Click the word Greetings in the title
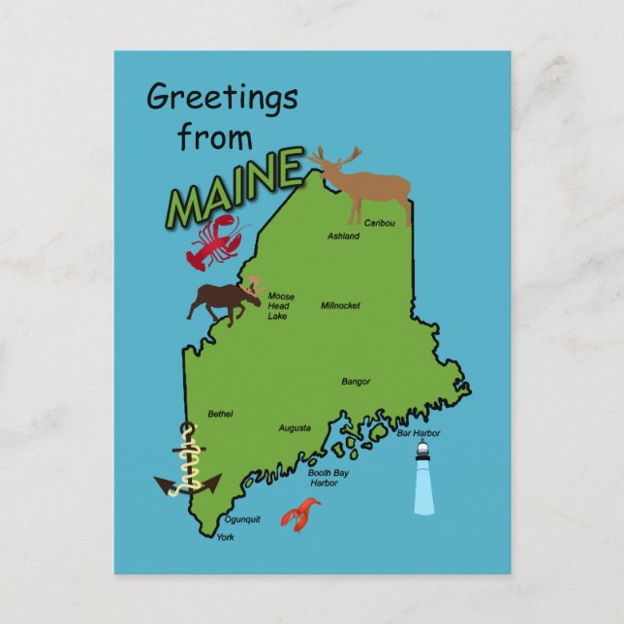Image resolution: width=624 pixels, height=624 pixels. click(x=222, y=99)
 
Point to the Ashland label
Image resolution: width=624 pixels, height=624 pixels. click(x=343, y=236)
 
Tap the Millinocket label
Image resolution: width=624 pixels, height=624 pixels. click(x=340, y=305)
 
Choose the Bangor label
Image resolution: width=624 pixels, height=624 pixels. click(x=356, y=382)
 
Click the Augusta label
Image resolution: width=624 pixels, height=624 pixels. click(x=295, y=427)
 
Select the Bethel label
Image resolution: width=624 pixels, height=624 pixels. click(x=220, y=414)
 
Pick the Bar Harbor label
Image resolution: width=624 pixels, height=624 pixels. click(x=419, y=433)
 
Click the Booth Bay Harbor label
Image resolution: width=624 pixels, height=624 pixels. click(x=328, y=478)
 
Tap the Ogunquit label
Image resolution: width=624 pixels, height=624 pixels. click(x=242, y=519)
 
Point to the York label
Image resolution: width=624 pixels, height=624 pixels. click(x=225, y=537)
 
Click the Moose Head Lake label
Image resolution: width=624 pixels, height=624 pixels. click(x=280, y=306)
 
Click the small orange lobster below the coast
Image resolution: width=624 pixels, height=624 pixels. click(x=301, y=515)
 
